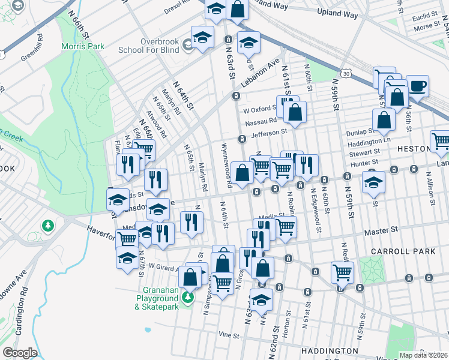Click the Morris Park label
tap(82, 46)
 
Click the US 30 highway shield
tap(346, 73)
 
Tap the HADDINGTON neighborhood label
tap(331, 350)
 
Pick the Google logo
tap(20, 352)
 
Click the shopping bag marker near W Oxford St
tap(295, 112)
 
